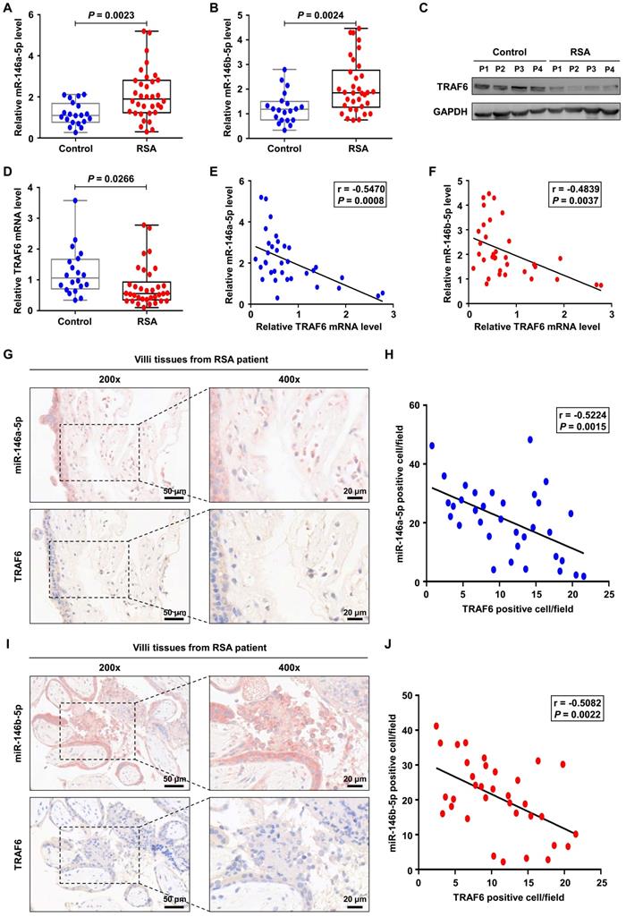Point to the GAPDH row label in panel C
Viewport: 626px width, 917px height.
pos(450,112)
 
